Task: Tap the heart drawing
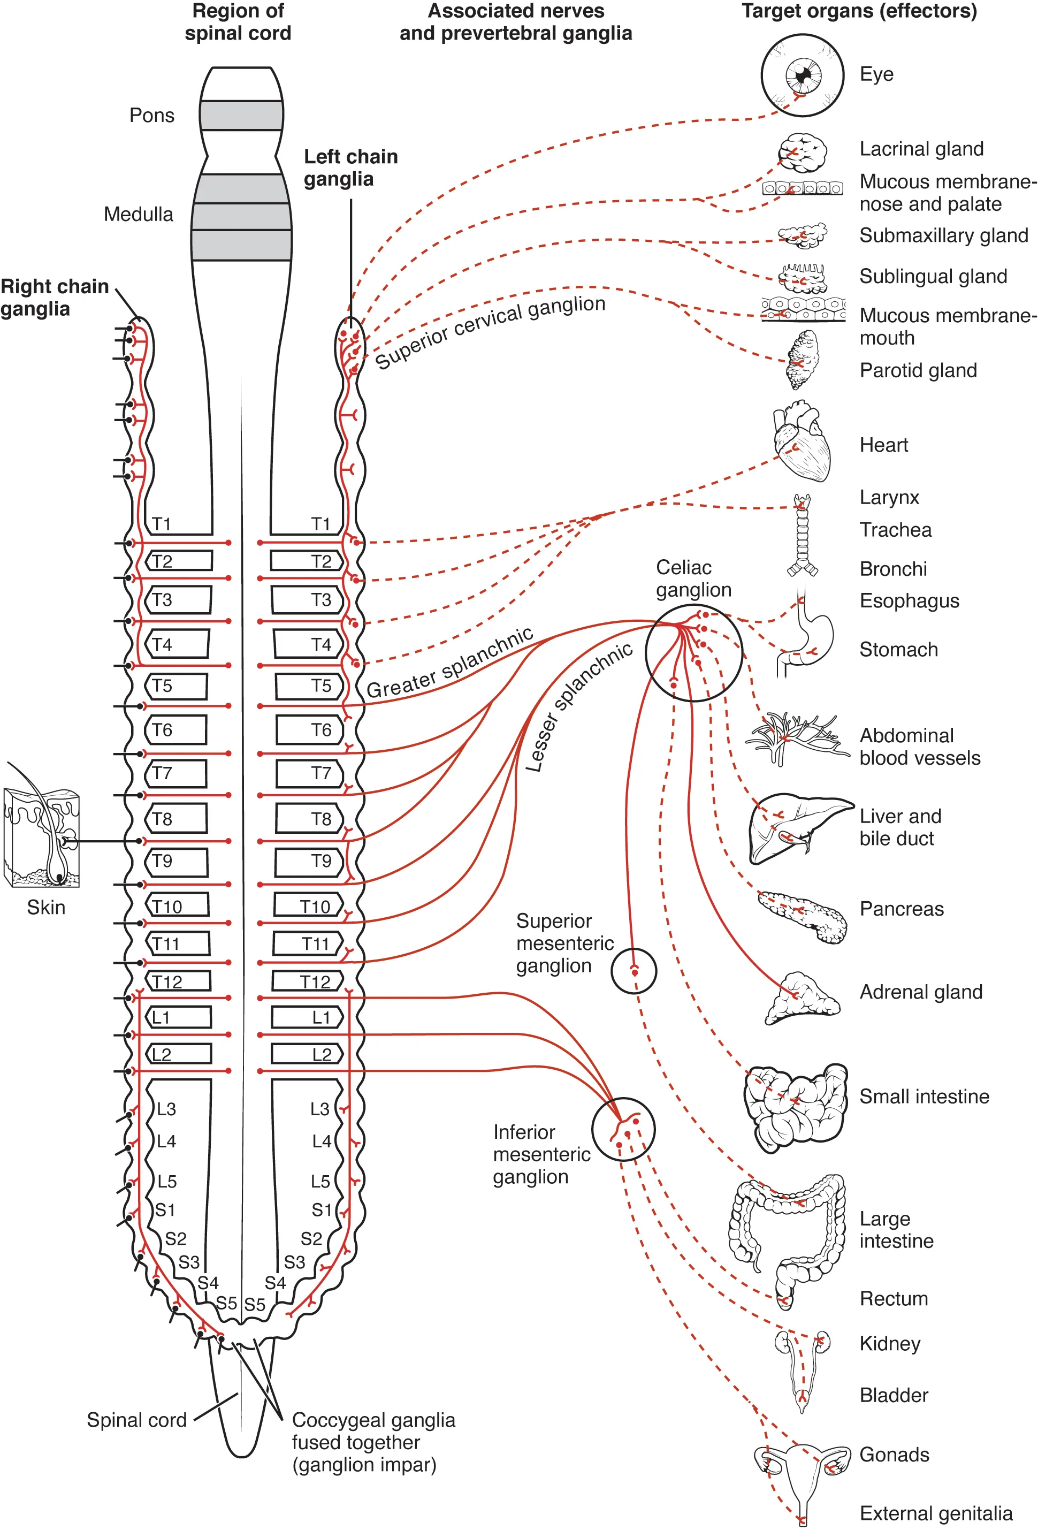(x=802, y=443)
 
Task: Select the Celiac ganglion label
(x=692, y=578)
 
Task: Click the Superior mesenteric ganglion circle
(x=633, y=970)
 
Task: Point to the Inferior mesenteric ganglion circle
(x=623, y=1129)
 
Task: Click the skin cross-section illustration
(x=42, y=838)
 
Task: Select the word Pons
(x=151, y=116)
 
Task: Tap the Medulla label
(x=138, y=215)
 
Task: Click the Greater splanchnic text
(x=449, y=664)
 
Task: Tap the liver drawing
(x=797, y=826)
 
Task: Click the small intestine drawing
(x=795, y=1107)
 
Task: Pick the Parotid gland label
(x=918, y=371)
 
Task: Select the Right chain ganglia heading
(x=54, y=298)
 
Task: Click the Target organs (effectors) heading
(x=858, y=11)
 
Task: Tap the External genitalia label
(x=935, y=1513)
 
